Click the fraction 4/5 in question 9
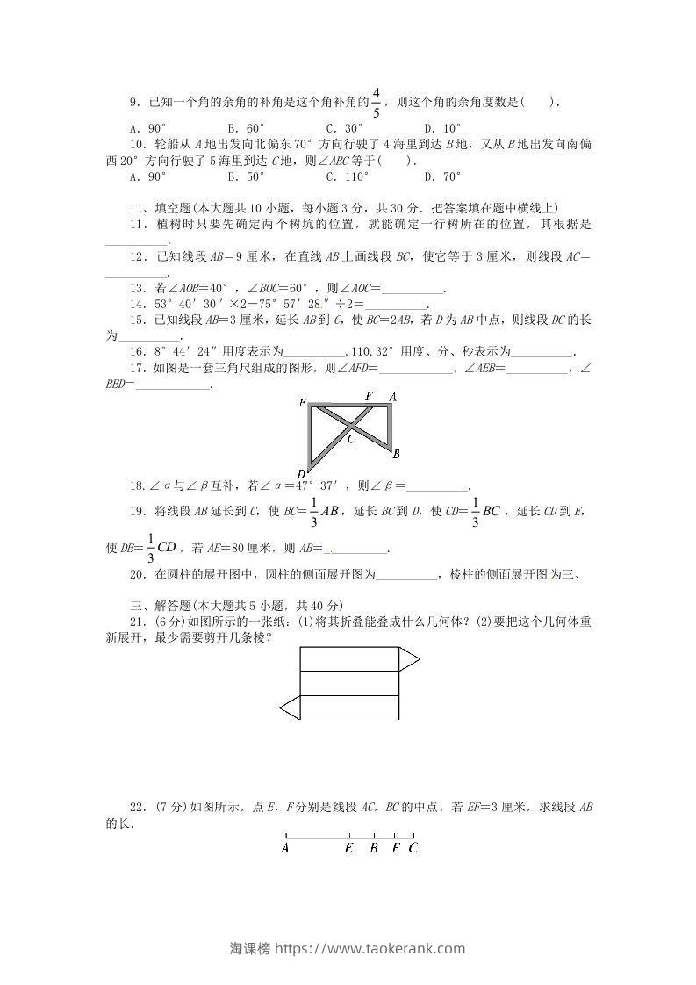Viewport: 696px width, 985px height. pos(376,102)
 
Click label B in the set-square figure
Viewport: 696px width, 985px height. pos(397,454)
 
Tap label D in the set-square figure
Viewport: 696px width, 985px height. pos(301,474)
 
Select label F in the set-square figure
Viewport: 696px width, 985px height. pos(369,397)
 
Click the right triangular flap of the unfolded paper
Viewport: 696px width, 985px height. pos(408,658)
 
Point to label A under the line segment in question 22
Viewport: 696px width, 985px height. pos(286,848)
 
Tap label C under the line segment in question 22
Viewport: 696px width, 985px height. pos(413,848)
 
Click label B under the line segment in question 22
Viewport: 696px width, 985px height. pos(374,848)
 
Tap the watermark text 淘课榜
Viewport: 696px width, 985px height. pos(249,948)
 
